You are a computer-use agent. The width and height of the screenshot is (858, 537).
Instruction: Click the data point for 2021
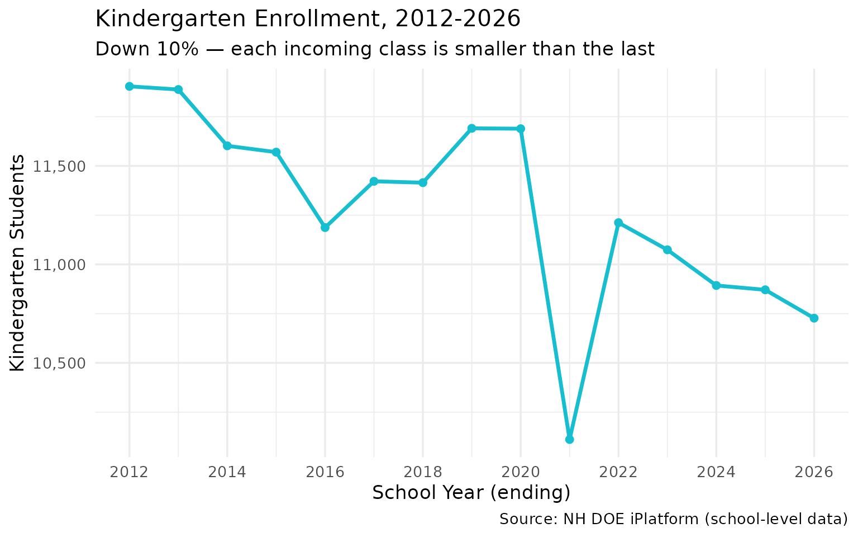[569, 439]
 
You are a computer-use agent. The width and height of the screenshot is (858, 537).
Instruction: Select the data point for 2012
[129, 86]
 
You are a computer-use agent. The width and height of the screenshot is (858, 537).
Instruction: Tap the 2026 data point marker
[814, 318]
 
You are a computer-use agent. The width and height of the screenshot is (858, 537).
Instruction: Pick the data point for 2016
[325, 228]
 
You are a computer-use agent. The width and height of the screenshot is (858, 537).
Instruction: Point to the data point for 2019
[471, 128]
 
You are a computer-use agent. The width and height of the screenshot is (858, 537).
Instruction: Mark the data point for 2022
[618, 223]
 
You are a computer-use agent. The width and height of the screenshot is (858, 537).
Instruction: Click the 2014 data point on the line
[227, 145]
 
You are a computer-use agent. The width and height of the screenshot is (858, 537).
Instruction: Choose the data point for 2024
[716, 285]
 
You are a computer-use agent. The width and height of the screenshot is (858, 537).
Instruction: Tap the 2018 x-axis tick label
[422, 472]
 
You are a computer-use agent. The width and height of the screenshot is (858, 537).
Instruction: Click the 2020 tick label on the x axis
[520, 472]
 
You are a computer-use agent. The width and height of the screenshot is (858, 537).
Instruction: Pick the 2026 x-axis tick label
[814, 472]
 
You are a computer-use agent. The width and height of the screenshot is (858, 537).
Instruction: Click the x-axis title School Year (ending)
[471, 493]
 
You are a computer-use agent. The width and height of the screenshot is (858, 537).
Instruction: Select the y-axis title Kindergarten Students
[18, 262]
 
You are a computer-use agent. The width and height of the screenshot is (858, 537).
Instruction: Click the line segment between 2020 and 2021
[545, 284]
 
